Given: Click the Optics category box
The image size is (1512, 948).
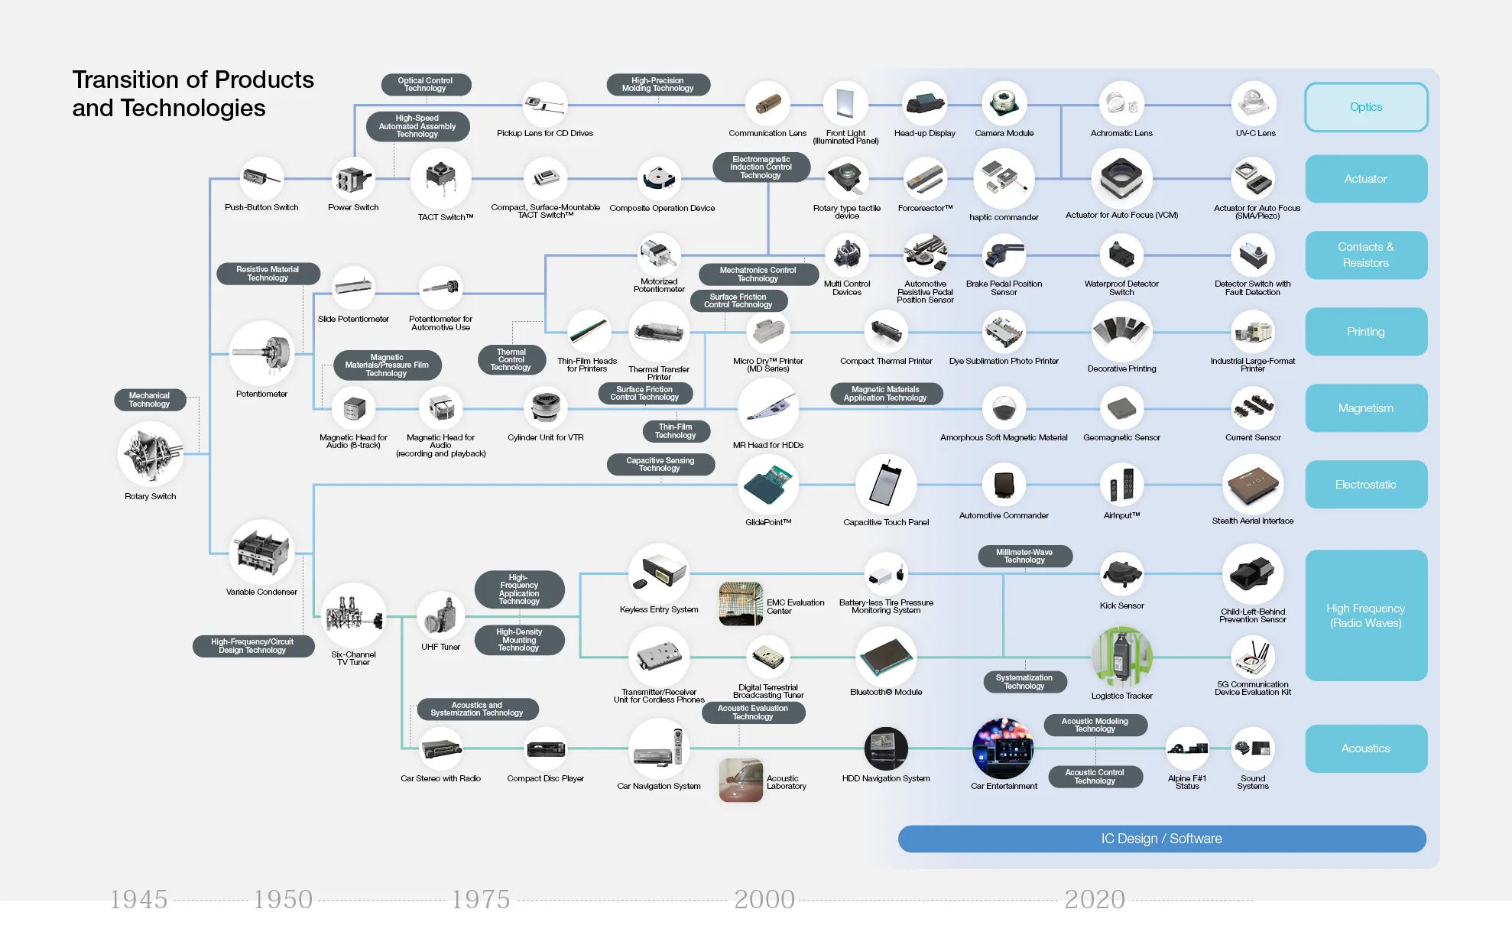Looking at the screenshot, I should point(1365,107).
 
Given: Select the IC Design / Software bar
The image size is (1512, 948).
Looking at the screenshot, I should point(1161,839).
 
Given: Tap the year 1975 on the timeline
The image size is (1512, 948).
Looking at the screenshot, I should point(480,899).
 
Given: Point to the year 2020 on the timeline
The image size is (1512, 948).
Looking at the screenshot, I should point(1095,899).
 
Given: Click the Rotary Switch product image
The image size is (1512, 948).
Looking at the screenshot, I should point(151,454).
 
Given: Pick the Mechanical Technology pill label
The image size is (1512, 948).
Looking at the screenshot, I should point(150,400).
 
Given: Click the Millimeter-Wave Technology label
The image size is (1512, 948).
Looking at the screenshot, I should point(1024,556).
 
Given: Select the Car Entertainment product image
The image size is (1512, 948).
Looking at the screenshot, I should point(1003,748).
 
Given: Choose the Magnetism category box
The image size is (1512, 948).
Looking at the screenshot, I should point(1365,408).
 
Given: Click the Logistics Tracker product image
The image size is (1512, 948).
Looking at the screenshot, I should point(1121,657).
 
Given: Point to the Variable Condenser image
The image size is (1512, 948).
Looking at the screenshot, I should point(261,552).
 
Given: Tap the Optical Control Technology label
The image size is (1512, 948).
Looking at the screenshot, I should point(425,84).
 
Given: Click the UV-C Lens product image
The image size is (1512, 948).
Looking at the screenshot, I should point(1254,103).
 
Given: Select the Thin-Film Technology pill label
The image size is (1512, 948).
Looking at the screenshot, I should point(676,431).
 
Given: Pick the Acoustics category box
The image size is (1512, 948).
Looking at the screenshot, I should point(1365,748).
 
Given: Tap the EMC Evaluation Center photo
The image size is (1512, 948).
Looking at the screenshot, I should point(741,604).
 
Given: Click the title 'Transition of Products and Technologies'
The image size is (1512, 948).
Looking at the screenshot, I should point(193,93).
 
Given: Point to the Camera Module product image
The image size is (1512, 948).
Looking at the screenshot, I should point(1004,103).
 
